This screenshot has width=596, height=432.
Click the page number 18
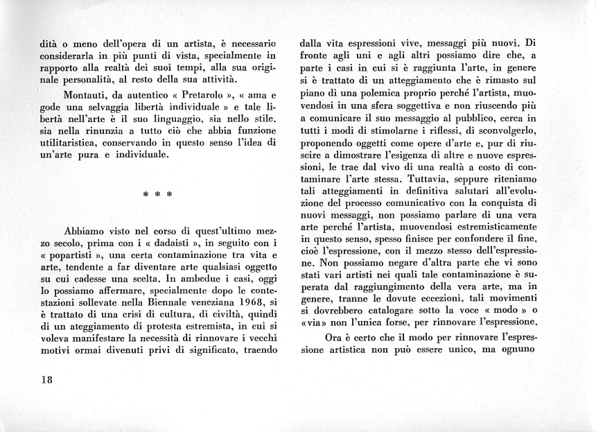46,380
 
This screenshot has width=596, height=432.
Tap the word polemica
365,94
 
